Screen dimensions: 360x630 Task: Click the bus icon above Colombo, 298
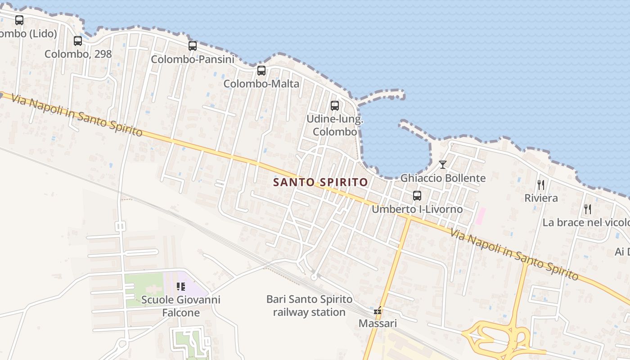point(78,41)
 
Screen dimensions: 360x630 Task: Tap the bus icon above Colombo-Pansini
point(193,46)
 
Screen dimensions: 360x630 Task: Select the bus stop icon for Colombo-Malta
point(261,71)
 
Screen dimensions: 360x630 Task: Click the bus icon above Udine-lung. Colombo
point(335,106)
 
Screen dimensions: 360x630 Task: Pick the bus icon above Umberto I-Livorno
point(417,196)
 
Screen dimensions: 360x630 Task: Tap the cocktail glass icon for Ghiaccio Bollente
point(443,165)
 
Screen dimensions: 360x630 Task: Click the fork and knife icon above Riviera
point(541,184)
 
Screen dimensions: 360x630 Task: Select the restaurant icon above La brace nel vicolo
point(587,209)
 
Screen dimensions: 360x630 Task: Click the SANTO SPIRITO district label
point(321,182)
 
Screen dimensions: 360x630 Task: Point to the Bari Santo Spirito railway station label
point(310,306)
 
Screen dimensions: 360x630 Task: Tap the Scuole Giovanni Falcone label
point(181,306)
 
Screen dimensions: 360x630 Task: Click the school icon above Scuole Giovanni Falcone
point(181,287)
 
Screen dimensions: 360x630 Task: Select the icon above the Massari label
point(378,310)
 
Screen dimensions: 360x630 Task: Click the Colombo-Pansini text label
point(193,59)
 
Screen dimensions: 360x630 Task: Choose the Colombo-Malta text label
point(261,84)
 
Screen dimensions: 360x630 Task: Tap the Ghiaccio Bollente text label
point(443,178)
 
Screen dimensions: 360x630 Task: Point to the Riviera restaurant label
point(541,198)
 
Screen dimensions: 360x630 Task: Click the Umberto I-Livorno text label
point(417,209)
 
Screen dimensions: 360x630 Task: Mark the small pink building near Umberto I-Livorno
point(481,216)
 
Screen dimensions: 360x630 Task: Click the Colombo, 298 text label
point(78,54)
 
